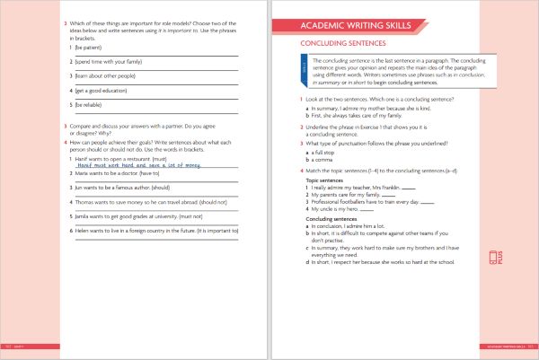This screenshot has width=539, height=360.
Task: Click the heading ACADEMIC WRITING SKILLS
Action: tap(357, 27)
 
